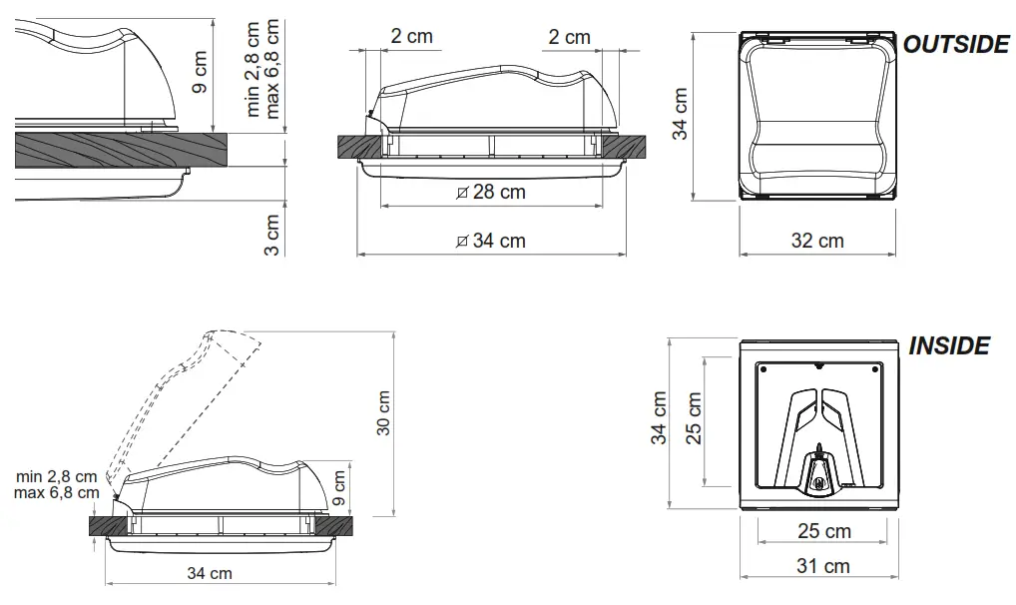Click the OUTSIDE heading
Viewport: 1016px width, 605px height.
pos(956,45)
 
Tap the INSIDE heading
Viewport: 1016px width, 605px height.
pos(949,346)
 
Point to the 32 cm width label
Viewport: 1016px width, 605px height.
pos(816,241)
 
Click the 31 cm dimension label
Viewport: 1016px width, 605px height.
pos(822,566)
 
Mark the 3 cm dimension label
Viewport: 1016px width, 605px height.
pos(272,236)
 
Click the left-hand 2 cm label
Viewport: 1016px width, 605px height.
pos(411,37)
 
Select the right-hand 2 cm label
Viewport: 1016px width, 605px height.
pos(569,37)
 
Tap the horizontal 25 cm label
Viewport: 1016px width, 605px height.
pos(823,530)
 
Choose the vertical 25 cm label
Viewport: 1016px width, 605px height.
pos(695,417)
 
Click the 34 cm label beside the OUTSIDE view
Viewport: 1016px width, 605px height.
pos(681,114)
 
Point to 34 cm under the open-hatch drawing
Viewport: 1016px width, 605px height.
pos(210,573)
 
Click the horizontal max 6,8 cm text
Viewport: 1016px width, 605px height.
pos(57,492)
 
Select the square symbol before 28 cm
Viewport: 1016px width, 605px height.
pos(460,193)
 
